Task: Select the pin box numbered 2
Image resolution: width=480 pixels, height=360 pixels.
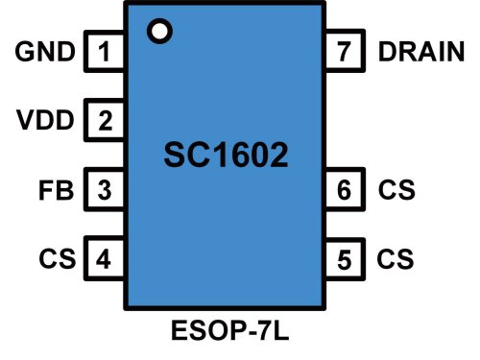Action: [106, 121]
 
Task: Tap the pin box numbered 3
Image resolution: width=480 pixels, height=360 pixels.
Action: [106, 189]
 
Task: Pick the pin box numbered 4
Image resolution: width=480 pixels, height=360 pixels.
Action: [106, 258]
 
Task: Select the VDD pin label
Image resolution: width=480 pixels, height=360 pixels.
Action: [45, 121]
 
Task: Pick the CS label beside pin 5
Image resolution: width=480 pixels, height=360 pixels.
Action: [396, 258]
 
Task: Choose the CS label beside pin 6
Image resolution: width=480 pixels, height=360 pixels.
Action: [396, 189]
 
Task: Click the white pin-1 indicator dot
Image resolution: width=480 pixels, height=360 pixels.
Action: [159, 31]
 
